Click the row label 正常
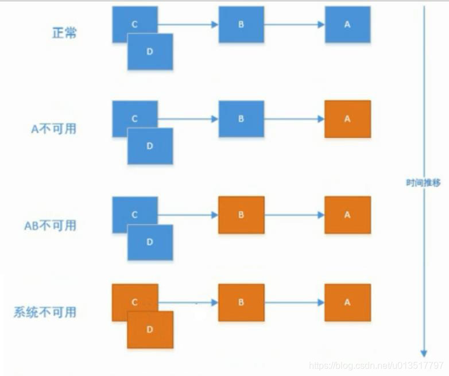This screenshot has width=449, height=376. [x=64, y=33]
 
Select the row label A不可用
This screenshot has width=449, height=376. [x=53, y=128]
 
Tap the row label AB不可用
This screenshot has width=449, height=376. [x=50, y=224]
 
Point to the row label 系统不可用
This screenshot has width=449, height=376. [x=45, y=312]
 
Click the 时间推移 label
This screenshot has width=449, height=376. [x=423, y=183]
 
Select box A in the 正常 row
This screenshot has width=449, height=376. [x=347, y=25]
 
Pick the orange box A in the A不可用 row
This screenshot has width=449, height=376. [x=347, y=119]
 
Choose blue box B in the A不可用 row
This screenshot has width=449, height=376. [x=241, y=119]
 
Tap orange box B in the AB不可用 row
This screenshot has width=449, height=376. [x=241, y=215]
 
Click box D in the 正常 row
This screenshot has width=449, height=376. [x=150, y=52]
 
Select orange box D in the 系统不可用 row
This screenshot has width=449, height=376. [x=150, y=330]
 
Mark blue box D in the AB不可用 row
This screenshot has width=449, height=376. [x=150, y=242]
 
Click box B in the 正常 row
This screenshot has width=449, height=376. [x=241, y=25]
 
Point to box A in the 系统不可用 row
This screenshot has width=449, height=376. [x=347, y=303]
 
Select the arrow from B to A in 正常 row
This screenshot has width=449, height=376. [x=295, y=25]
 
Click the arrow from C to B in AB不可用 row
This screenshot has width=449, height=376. [x=188, y=215]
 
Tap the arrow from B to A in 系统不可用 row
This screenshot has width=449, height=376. [x=295, y=303]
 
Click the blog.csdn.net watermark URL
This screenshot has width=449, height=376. [x=376, y=366]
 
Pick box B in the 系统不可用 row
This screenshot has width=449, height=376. [x=241, y=303]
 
